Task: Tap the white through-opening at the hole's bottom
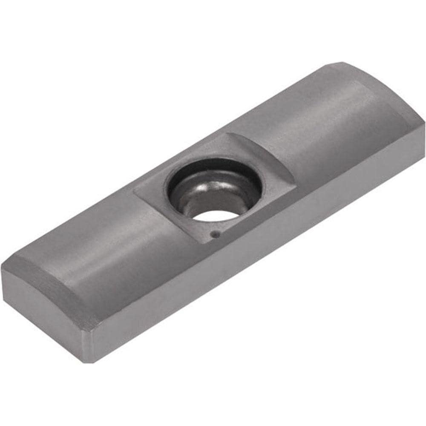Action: click(213, 213)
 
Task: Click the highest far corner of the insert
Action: click(341, 63)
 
